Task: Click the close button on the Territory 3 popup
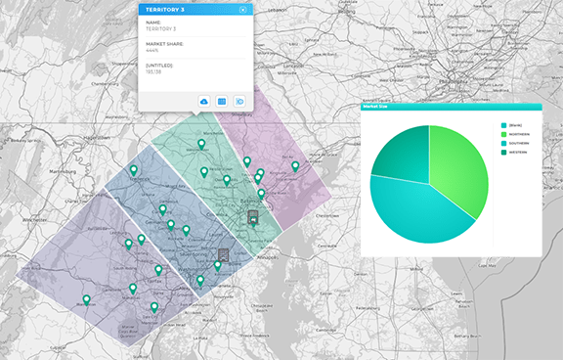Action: (242, 9)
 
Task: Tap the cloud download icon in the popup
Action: (204, 102)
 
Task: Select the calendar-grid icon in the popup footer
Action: (222, 102)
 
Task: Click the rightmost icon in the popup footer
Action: (239, 102)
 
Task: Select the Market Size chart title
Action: (376, 110)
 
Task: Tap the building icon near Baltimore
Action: (253, 214)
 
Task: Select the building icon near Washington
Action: (224, 254)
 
